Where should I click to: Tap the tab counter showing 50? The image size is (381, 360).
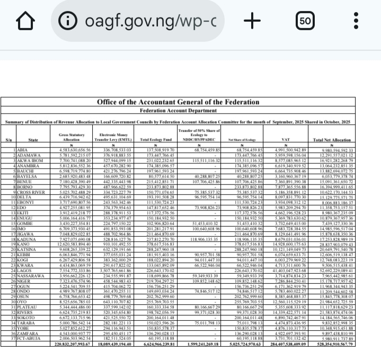pyautogui.click(x=304, y=22)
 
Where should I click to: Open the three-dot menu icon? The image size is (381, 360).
pyautogui.click(x=356, y=22)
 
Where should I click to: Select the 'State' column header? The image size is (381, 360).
pyautogui.click(x=33, y=140)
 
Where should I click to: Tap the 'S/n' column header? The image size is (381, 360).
pyautogui.click(x=8, y=140)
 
